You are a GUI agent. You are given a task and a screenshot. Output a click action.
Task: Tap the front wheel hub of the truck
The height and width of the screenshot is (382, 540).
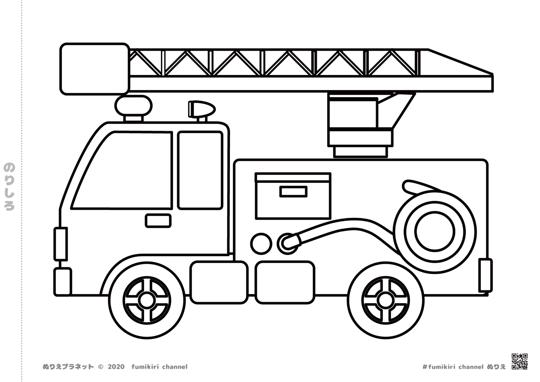click(x=147, y=300)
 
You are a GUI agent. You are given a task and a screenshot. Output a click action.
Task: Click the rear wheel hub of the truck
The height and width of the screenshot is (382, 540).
click(x=385, y=300)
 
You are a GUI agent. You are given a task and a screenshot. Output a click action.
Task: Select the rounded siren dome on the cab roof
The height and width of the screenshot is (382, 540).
click(x=133, y=106)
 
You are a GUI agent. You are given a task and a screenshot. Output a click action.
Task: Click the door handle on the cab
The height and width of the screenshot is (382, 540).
click(x=158, y=221)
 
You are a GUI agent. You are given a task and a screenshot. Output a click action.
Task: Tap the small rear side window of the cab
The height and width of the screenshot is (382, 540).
click(x=200, y=170)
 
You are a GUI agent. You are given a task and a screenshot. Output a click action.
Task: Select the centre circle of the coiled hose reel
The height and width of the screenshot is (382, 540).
click(x=435, y=231)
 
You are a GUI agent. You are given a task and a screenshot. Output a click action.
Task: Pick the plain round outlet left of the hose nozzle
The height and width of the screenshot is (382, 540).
click(x=261, y=244)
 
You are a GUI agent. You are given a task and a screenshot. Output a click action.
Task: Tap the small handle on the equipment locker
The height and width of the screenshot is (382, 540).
click(x=293, y=192)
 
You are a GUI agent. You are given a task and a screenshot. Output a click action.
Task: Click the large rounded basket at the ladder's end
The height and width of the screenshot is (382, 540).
click(x=95, y=69)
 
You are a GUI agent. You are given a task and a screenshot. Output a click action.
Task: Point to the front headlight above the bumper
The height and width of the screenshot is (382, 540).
click(x=61, y=244)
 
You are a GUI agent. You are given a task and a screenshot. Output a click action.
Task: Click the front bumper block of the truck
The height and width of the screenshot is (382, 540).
click(x=62, y=282)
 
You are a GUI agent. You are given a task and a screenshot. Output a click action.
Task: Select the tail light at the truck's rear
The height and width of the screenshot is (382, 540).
click(x=485, y=275)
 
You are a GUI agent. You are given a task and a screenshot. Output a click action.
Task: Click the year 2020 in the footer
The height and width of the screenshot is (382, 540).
click(x=116, y=367)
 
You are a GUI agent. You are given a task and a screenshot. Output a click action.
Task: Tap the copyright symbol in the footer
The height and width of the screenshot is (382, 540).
click(x=100, y=367)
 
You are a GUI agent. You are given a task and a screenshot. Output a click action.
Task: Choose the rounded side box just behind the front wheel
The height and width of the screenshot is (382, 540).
click(x=219, y=282)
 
